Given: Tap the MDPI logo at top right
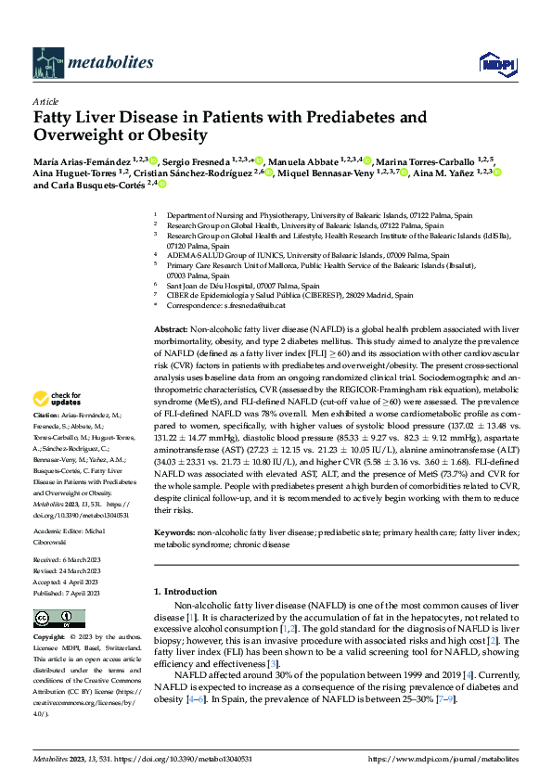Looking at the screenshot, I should pyautogui.click(x=495, y=63).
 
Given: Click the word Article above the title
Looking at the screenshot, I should pyautogui.click(x=45, y=101).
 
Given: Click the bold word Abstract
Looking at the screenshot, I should pyautogui.click(x=170, y=330).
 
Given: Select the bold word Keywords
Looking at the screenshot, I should pyautogui.click(x=174, y=532).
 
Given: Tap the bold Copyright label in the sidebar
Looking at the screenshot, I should pyautogui.click(x=49, y=638).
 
